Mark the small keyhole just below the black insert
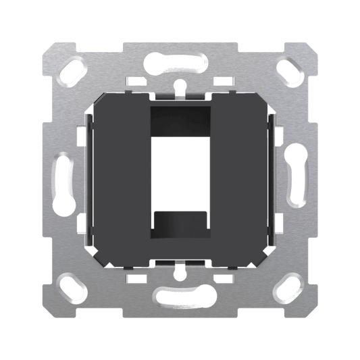click(180, 272)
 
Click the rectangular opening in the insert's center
click(180, 179)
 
